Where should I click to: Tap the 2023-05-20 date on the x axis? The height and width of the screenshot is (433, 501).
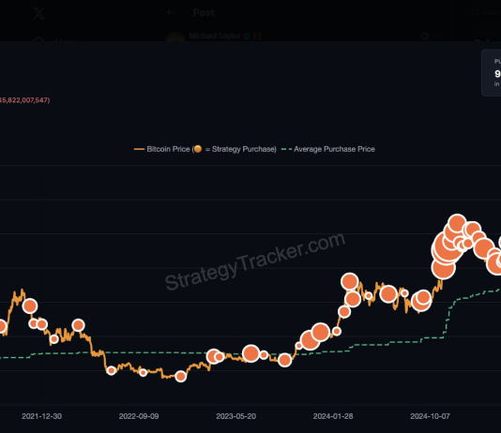click(236, 414)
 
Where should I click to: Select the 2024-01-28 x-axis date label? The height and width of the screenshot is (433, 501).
click(333, 414)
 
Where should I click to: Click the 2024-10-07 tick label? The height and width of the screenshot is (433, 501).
click(431, 414)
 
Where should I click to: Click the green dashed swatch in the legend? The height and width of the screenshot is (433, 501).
click(288, 149)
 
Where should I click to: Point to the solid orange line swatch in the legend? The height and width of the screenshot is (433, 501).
click(140, 149)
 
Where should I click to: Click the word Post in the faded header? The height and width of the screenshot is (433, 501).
click(203, 12)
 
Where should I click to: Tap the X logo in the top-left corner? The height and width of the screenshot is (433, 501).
click(38, 13)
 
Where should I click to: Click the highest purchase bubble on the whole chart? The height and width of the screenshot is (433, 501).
click(457, 225)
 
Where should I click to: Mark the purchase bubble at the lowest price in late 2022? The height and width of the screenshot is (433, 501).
click(180, 376)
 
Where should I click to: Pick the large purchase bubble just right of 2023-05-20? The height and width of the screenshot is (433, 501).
click(250, 353)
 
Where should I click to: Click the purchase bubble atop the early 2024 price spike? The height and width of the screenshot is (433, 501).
click(350, 281)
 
